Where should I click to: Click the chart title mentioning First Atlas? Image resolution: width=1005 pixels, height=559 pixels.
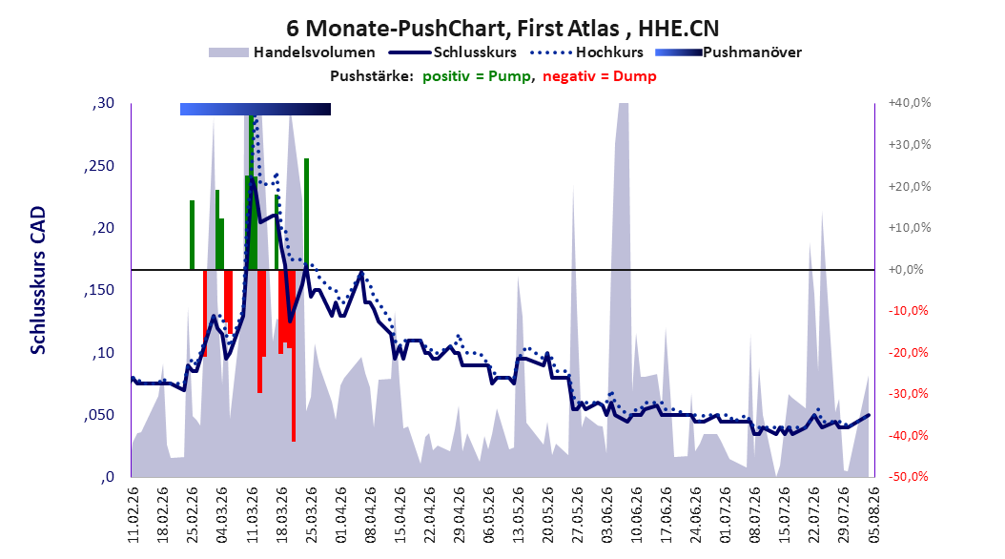502,29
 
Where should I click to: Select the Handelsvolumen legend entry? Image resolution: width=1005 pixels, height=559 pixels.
292,52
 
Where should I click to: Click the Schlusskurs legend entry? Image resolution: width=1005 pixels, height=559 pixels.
453,52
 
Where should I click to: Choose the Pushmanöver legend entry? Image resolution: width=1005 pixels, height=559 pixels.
728,52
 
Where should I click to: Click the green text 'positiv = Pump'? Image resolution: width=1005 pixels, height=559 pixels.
476,76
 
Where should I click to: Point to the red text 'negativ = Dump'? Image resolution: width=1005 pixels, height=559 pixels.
600,76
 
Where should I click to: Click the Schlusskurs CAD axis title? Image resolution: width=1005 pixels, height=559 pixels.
38,280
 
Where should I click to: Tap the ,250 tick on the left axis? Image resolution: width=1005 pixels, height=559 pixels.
99,166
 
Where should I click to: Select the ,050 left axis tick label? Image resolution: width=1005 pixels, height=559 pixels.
99,415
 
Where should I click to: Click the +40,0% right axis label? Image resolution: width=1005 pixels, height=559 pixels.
910,103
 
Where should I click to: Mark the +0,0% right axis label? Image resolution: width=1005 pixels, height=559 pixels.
906,269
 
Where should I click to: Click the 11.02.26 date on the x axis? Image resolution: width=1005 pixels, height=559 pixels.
133,515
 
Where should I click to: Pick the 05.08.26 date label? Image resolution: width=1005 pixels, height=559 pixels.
873,515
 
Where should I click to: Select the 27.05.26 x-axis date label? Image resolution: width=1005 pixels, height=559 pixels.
577,515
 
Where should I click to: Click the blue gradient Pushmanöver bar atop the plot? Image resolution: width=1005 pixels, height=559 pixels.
256,109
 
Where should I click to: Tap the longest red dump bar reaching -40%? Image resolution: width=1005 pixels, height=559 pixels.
294,356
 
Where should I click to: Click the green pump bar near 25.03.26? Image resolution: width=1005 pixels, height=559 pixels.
306,214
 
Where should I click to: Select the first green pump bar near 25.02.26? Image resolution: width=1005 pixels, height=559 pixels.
192,236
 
